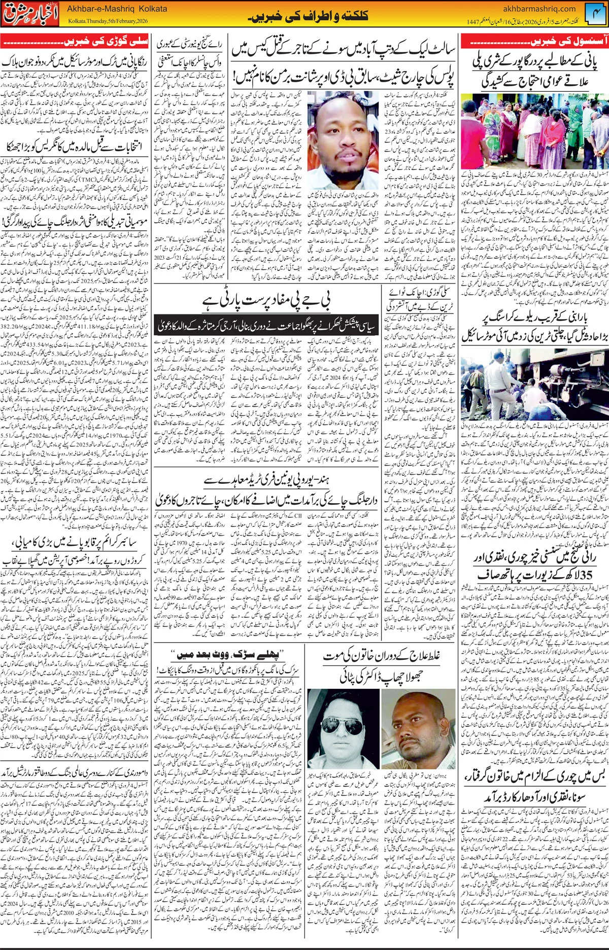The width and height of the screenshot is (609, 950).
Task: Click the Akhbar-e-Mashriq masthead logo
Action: pos(31,15)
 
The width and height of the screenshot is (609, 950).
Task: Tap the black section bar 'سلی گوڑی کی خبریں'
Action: pos(76,40)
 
